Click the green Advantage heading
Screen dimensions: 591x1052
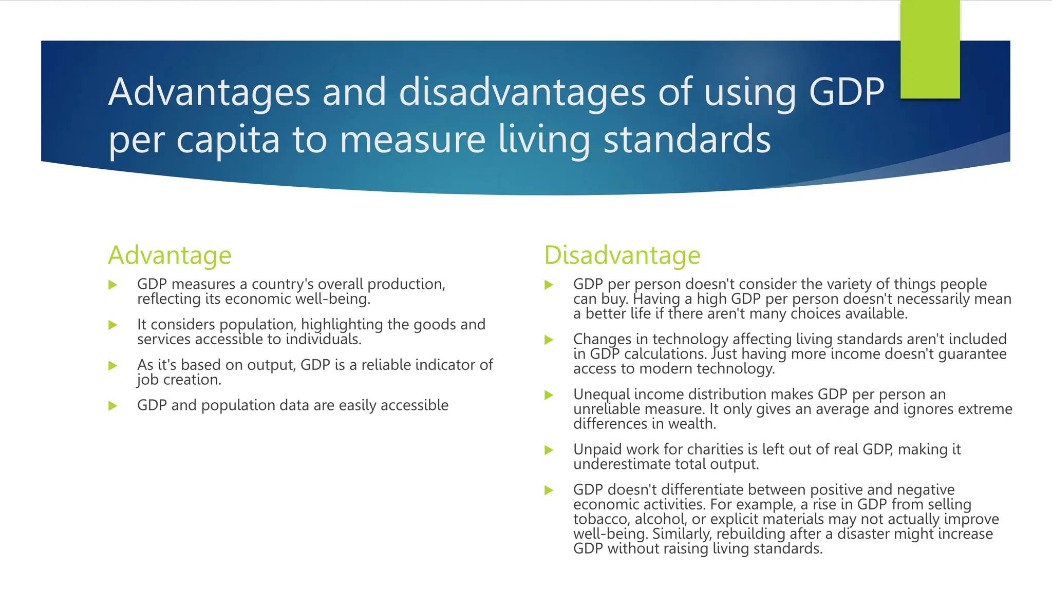tap(170, 255)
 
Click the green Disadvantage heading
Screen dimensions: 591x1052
tap(622, 255)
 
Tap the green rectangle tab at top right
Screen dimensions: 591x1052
tap(930, 49)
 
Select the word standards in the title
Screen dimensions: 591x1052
tap(687, 139)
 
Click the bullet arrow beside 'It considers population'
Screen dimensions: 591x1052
tap(113, 325)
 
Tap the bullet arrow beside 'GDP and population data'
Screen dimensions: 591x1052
tap(113, 406)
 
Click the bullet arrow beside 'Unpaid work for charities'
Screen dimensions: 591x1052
tap(549, 450)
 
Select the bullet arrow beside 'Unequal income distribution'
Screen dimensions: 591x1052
tap(549, 395)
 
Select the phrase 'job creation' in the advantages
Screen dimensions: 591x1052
tap(179, 380)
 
